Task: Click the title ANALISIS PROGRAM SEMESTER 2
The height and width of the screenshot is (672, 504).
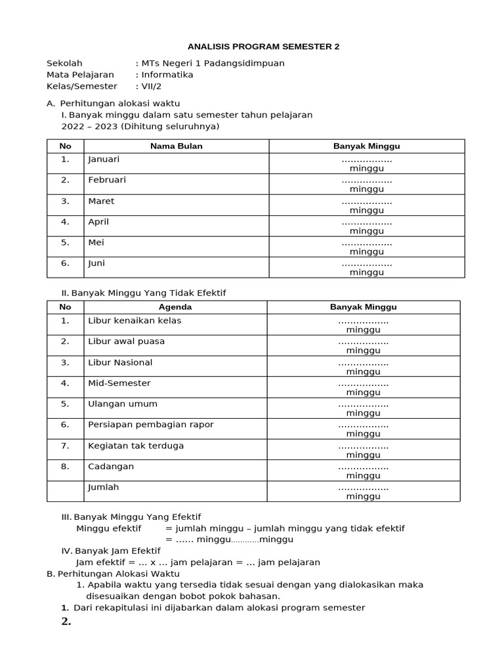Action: click(x=263, y=47)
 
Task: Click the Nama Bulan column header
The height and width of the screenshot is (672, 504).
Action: click(x=176, y=146)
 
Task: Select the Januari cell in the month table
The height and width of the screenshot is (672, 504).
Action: click(x=104, y=159)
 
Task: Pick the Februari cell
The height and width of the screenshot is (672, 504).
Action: click(x=107, y=180)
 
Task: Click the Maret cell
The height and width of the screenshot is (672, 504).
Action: click(x=101, y=201)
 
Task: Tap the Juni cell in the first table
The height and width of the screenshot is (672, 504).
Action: click(x=96, y=263)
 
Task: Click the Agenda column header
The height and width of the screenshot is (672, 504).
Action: click(x=175, y=307)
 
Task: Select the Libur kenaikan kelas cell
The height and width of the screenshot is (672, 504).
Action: click(x=135, y=321)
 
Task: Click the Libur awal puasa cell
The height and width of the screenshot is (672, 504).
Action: click(x=126, y=341)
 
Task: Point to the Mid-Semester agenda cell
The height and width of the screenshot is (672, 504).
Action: click(x=119, y=383)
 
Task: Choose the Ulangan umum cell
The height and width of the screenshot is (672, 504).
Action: click(x=122, y=404)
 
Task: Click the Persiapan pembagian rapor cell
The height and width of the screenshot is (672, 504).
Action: click(x=151, y=425)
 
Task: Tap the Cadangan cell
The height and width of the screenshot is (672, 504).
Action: click(x=111, y=467)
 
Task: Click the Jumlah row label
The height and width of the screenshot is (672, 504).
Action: click(x=103, y=488)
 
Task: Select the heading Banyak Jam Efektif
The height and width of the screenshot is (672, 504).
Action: click(x=117, y=551)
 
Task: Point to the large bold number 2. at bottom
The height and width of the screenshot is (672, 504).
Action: click(x=66, y=622)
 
